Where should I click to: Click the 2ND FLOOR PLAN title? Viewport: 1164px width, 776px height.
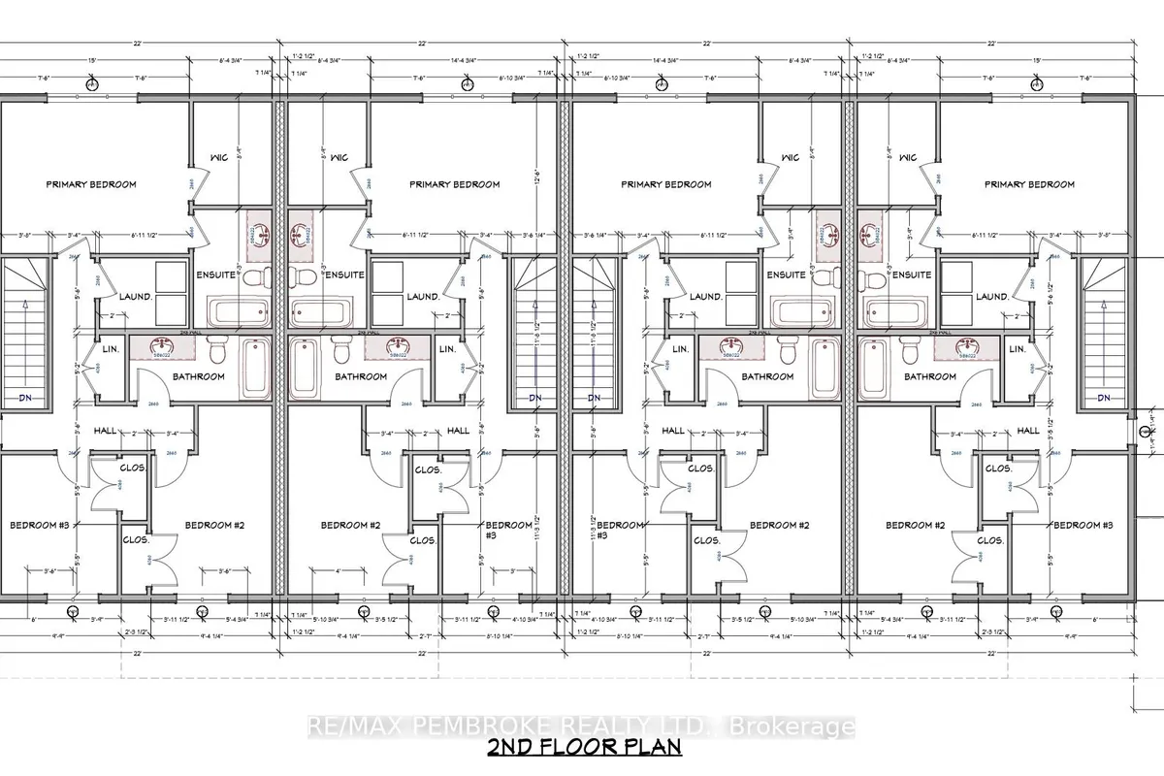pyautogui.click(x=584, y=747)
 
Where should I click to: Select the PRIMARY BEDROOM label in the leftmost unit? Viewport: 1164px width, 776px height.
pyautogui.click(x=92, y=184)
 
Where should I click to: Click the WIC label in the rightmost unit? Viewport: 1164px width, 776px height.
pyautogui.click(x=907, y=158)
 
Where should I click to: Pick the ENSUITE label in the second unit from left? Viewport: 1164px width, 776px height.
pyautogui.click(x=344, y=275)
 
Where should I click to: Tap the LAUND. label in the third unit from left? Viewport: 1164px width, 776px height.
pyautogui.click(x=705, y=297)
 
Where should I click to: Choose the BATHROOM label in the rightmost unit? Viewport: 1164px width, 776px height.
pyautogui.click(x=929, y=376)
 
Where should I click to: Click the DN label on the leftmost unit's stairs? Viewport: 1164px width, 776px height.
pyautogui.click(x=24, y=398)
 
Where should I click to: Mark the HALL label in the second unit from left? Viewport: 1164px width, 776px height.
pyautogui.click(x=458, y=430)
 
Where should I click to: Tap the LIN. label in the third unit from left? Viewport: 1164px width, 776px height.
pyautogui.click(x=679, y=348)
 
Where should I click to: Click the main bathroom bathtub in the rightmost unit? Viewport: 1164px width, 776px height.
pyautogui.click(x=873, y=369)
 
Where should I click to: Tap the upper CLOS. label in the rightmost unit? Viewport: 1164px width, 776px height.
pyautogui.click(x=998, y=469)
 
